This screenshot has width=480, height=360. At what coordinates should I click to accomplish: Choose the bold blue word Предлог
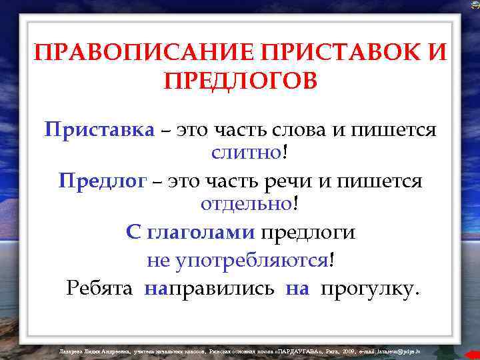pyautogui.click(x=101, y=181)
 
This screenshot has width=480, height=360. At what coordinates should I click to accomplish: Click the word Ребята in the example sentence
pyautogui.click(x=101, y=288)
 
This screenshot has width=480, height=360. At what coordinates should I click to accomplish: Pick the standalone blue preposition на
pyautogui.click(x=297, y=288)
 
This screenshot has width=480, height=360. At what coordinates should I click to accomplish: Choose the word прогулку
pyautogui.click(x=370, y=288)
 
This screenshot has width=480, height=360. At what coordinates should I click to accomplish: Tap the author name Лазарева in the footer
pyautogui.click(x=71, y=349)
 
